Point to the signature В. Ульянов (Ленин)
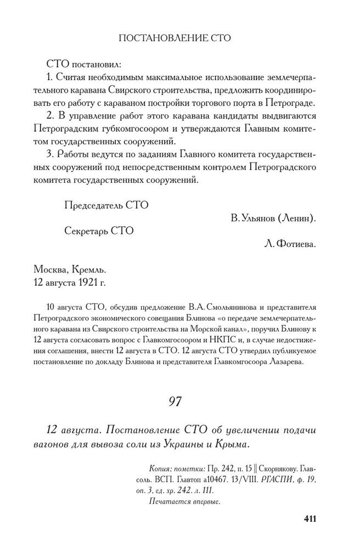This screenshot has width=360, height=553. (x=272, y=218)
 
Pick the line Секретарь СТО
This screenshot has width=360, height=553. (x=99, y=231)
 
